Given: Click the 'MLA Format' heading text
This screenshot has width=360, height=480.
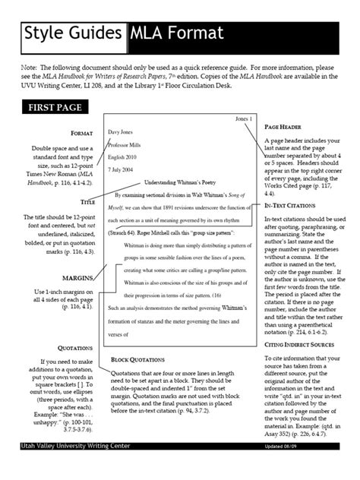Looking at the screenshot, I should pyautogui.click(x=176, y=33).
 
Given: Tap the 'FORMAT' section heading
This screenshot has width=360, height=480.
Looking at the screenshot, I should pyautogui.click(x=81, y=133).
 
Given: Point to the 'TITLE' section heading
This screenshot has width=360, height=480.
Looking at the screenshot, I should pyautogui.click(x=87, y=204).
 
